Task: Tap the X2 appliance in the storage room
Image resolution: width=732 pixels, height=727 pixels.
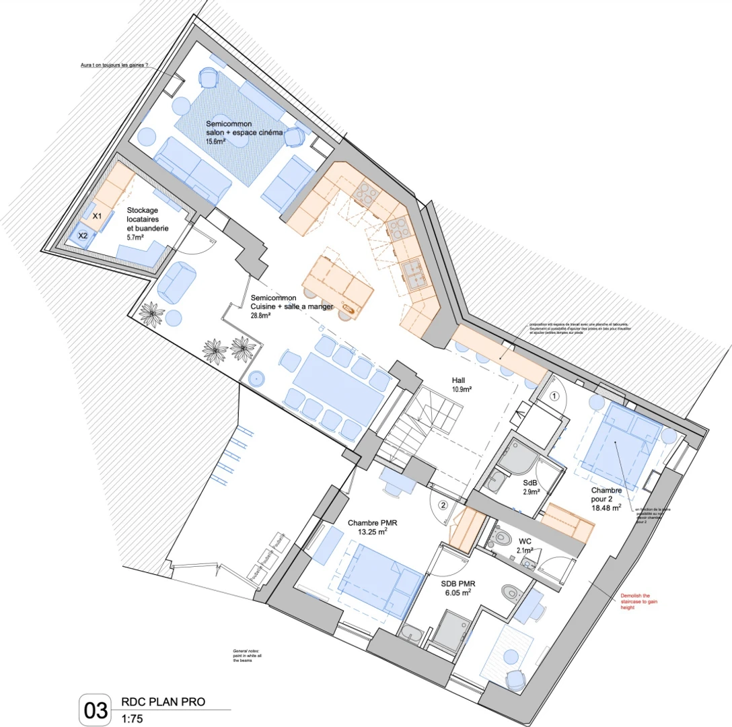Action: pyautogui.click(x=83, y=236)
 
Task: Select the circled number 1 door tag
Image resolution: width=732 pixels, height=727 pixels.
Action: pyautogui.click(x=554, y=396)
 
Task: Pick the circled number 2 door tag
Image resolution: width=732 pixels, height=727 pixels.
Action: pyautogui.click(x=442, y=504)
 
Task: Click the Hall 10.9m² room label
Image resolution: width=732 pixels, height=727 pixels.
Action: pyautogui.click(x=461, y=384)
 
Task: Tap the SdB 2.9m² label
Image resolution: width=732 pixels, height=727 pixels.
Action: pyautogui.click(x=530, y=487)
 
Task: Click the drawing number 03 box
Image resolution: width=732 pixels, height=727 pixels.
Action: pyautogui.click(x=95, y=709)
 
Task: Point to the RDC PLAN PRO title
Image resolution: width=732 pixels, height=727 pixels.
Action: pyautogui.click(x=163, y=702)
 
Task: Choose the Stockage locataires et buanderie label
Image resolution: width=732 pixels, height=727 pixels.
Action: pyautogui.click(x=147, y=219)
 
